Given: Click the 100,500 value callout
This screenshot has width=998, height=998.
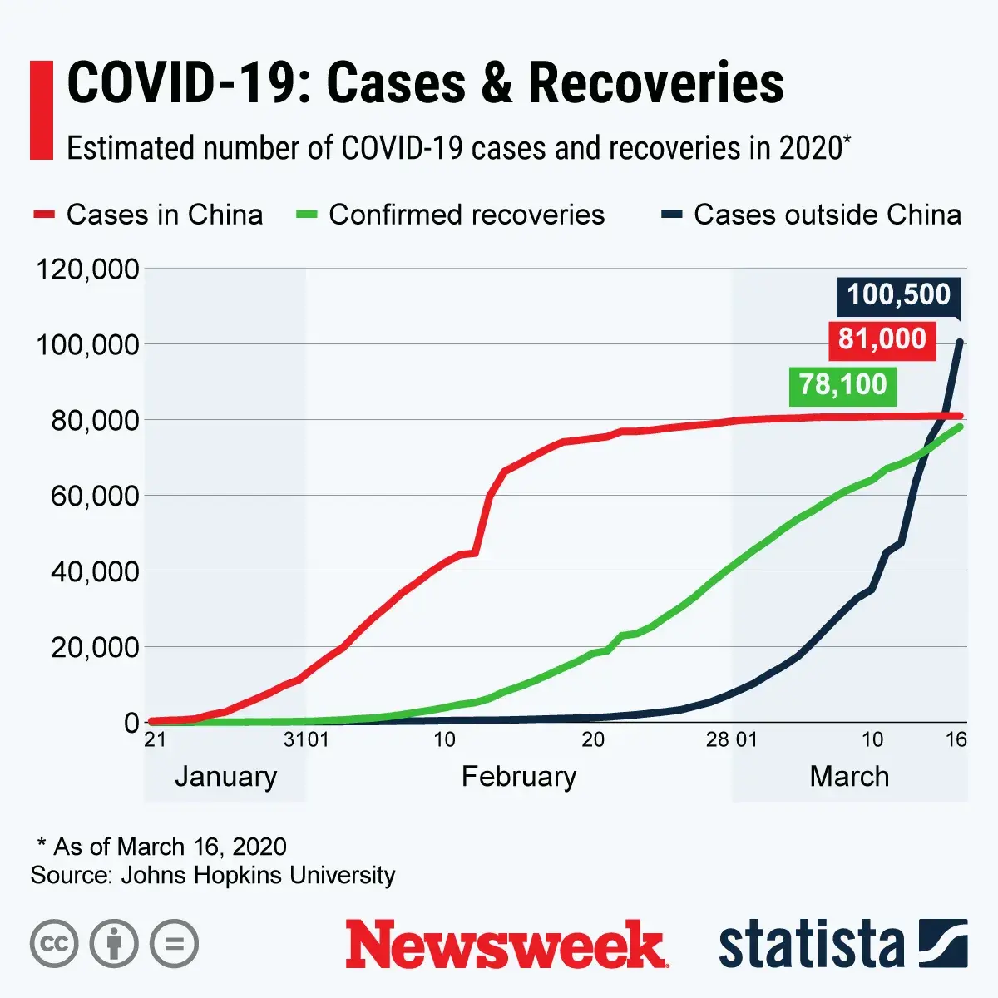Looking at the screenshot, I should pos(898,295).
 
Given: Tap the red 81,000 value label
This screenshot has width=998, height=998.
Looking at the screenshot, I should pos(882,339).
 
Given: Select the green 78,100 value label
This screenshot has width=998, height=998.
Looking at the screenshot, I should pos(842,384).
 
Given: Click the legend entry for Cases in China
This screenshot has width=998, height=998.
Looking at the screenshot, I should pos(149,215).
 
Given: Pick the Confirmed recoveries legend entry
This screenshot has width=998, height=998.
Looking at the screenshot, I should pos(451,215).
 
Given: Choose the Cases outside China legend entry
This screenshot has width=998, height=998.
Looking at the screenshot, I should pos(812,215).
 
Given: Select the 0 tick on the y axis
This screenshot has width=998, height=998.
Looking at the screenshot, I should pos(131,723).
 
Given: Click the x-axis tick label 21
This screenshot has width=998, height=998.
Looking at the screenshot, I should pos(155,739).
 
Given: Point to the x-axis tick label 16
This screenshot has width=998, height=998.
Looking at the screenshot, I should pos(956,739).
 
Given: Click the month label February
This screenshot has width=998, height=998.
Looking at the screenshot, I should pos(519,777).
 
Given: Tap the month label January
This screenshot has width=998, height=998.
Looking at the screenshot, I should pos(225,777).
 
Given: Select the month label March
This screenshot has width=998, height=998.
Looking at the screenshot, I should pos(849,777).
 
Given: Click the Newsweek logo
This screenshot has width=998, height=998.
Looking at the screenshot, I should pos(506,945).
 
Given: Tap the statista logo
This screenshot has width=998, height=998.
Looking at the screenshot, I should pos(842,945).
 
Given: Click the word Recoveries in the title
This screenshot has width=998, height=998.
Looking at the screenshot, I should pos(655,83).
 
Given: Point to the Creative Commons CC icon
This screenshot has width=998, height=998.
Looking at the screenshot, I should pos(54,944).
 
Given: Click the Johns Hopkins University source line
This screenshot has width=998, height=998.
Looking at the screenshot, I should pos(213,875).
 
